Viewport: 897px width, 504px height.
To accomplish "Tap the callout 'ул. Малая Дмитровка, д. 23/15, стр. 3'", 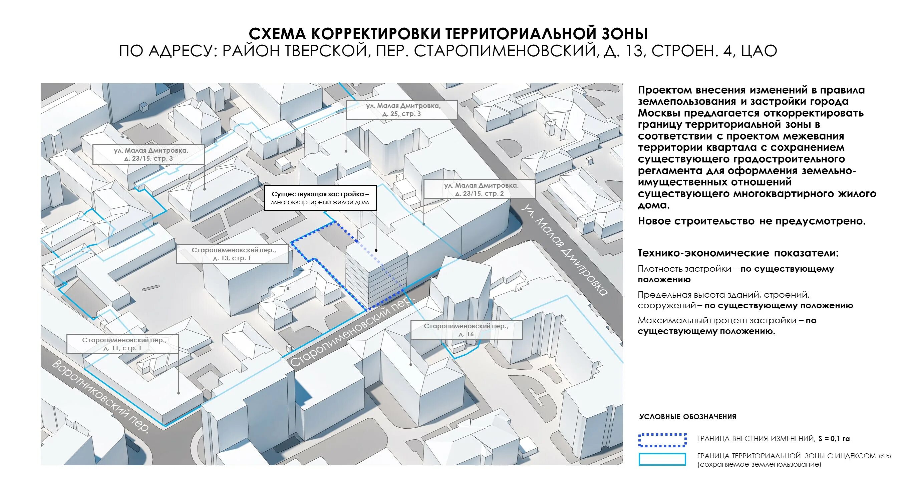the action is click(x=149, y=154).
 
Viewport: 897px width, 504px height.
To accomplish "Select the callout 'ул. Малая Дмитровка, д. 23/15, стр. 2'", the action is click(x=480, y=189).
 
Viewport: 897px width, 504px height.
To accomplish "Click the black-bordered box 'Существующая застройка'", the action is click(x=320, y=198).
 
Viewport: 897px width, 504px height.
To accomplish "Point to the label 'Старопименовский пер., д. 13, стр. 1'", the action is click(x=232, y=254).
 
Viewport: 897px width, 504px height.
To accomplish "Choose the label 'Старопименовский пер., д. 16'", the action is click(x=466, y=330).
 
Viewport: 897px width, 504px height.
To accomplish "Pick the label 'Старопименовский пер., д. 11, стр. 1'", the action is click(x=122, y=344).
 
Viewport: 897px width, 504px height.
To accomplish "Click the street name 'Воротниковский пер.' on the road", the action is click(x=101, y=397).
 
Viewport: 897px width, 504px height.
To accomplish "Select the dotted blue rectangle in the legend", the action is click(x=662, y=440).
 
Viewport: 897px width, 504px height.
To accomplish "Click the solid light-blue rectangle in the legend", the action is click(x=662, y=459).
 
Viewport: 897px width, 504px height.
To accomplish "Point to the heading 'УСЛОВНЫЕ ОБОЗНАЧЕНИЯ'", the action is click(x=688, y=417).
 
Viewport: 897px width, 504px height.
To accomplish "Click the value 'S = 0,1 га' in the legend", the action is click(x=834, y=439).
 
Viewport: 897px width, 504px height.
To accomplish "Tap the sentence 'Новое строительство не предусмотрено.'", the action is click(x=752, y=221).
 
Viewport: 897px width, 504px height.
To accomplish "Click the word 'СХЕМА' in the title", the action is click(x=277, y=34).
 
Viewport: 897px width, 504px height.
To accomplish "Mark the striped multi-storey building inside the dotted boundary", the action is click(x=376, y=275).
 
